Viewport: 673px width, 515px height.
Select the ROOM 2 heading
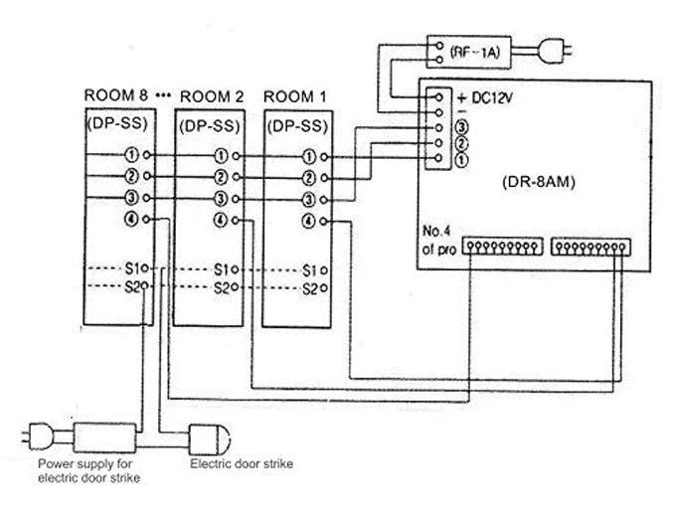click(x=210, y=96)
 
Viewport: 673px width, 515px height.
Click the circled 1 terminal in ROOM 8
click(x=132, y=156)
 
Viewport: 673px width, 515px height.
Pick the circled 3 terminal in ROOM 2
click(x=221, y=199)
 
